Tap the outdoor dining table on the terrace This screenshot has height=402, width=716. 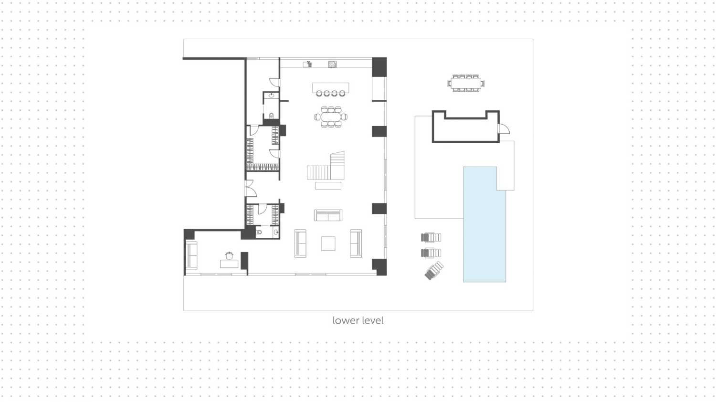(x=466, y=84)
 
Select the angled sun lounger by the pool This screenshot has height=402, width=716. (x=434, y=271)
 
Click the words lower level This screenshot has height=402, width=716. (x=358, y=320)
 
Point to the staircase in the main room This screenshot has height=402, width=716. (x=326, y=166)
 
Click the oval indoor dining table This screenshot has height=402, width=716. (x=331, y=117)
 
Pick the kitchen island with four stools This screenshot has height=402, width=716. (x=330, y=89)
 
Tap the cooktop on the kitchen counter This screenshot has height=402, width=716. (x=332, y=64)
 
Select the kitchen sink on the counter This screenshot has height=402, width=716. (x=307, y=64)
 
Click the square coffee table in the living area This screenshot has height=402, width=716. (x=328, y=243)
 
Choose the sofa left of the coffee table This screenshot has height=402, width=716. (x=300, y=243)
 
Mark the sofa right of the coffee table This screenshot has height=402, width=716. (x=356, y=243)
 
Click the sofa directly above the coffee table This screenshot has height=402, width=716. (x=328, y=215)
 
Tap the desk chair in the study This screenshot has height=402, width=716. (x=229, y=255)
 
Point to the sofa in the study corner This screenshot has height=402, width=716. (x=191, y=256)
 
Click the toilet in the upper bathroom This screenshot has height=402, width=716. (x=272, y=116)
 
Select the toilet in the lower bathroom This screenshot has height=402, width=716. (x=259, y=232)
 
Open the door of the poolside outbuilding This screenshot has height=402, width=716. (x=504, y=129)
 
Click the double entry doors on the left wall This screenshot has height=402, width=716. (x=251, y=189)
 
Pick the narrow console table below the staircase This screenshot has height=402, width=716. (x=328, y=186)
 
